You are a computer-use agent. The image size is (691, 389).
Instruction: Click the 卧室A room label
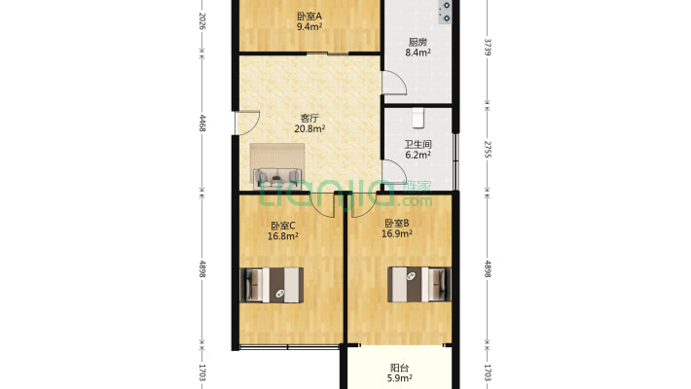pyautogui.click(x=309, y=17)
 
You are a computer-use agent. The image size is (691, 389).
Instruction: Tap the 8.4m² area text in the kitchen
pyautogui.click(x=418, y=53)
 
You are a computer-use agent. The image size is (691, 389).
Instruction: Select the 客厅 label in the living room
pyautogui.click(x=309, y=118)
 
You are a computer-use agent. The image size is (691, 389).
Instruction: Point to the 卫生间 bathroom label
pyautogui.click(x=418, y=144)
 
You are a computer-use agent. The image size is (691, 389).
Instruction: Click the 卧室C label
pyautogui.click(x=283, y=226)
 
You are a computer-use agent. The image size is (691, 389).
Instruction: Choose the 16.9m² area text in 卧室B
pyautogui.click(x=397, y=233)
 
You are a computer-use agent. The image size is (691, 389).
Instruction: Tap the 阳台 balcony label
pyautogui.click(x=399, y=368)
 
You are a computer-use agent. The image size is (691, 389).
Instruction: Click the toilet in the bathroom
pyautogui.click(x=418, y=118)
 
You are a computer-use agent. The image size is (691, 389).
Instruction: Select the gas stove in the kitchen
pyautogui.click(x=445, y=12)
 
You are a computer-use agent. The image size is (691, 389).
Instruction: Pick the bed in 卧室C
pyautogui.click(x=272, y=285)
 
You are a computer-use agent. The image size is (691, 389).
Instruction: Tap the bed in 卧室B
pyautogui.click(x=419, y=285)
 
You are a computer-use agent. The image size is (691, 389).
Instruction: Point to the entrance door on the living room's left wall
pyautogui.click(x=247, y=123)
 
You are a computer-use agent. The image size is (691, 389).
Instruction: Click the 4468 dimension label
pyautogui.click(x=202, y=123)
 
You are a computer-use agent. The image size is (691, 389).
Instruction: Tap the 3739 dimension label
pyautogui.click(x=488, y=47)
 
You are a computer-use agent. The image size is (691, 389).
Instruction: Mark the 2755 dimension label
pyautogui.click(x=488, y=150)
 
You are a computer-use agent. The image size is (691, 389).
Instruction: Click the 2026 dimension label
pyautogui.click(x=202, y=20)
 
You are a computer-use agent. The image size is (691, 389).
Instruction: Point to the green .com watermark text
pyautogui.click(x=415, y=201)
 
